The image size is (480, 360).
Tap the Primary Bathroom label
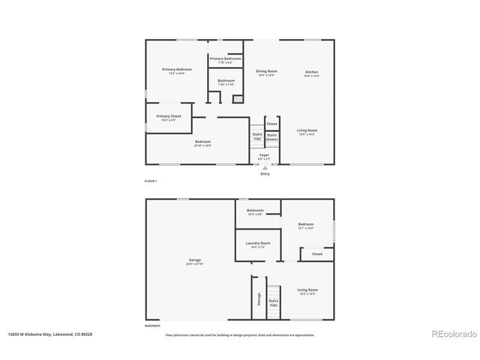coord(225,58)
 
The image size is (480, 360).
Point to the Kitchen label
coord(312,71)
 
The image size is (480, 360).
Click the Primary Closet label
coord(169,116)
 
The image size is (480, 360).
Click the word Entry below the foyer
coord(265,174)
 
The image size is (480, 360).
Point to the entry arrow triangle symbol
coord(265,168)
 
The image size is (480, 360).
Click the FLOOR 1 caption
coord(151,181)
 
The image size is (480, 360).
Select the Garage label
coord(195,261)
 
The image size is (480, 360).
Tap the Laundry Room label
coord(259,243)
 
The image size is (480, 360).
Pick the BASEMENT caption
coord(152,325)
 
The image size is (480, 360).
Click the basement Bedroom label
coord(305,224)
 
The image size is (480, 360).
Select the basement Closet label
coord(317,254)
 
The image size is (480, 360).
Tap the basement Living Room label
coord(307,289)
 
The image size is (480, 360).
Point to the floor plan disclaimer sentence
coord(239,334)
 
